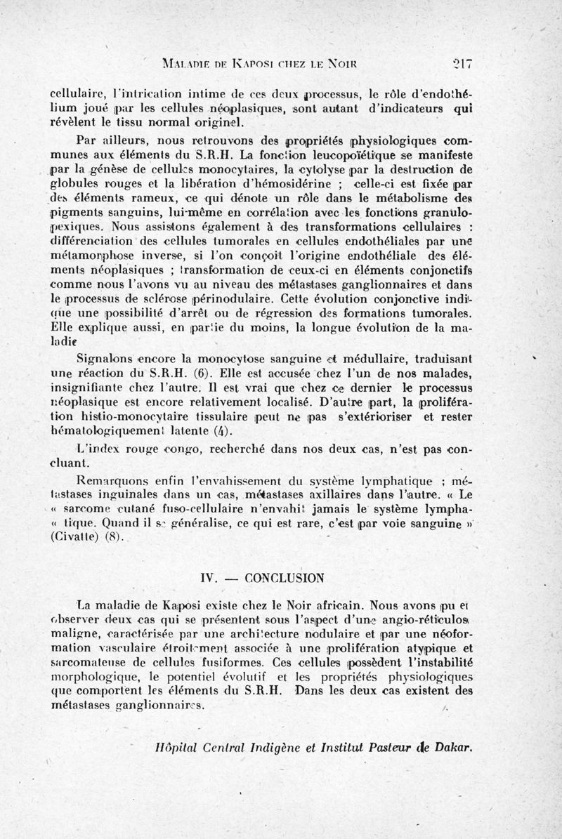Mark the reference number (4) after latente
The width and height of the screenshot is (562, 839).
pyautogui.click(x=219, y=432)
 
